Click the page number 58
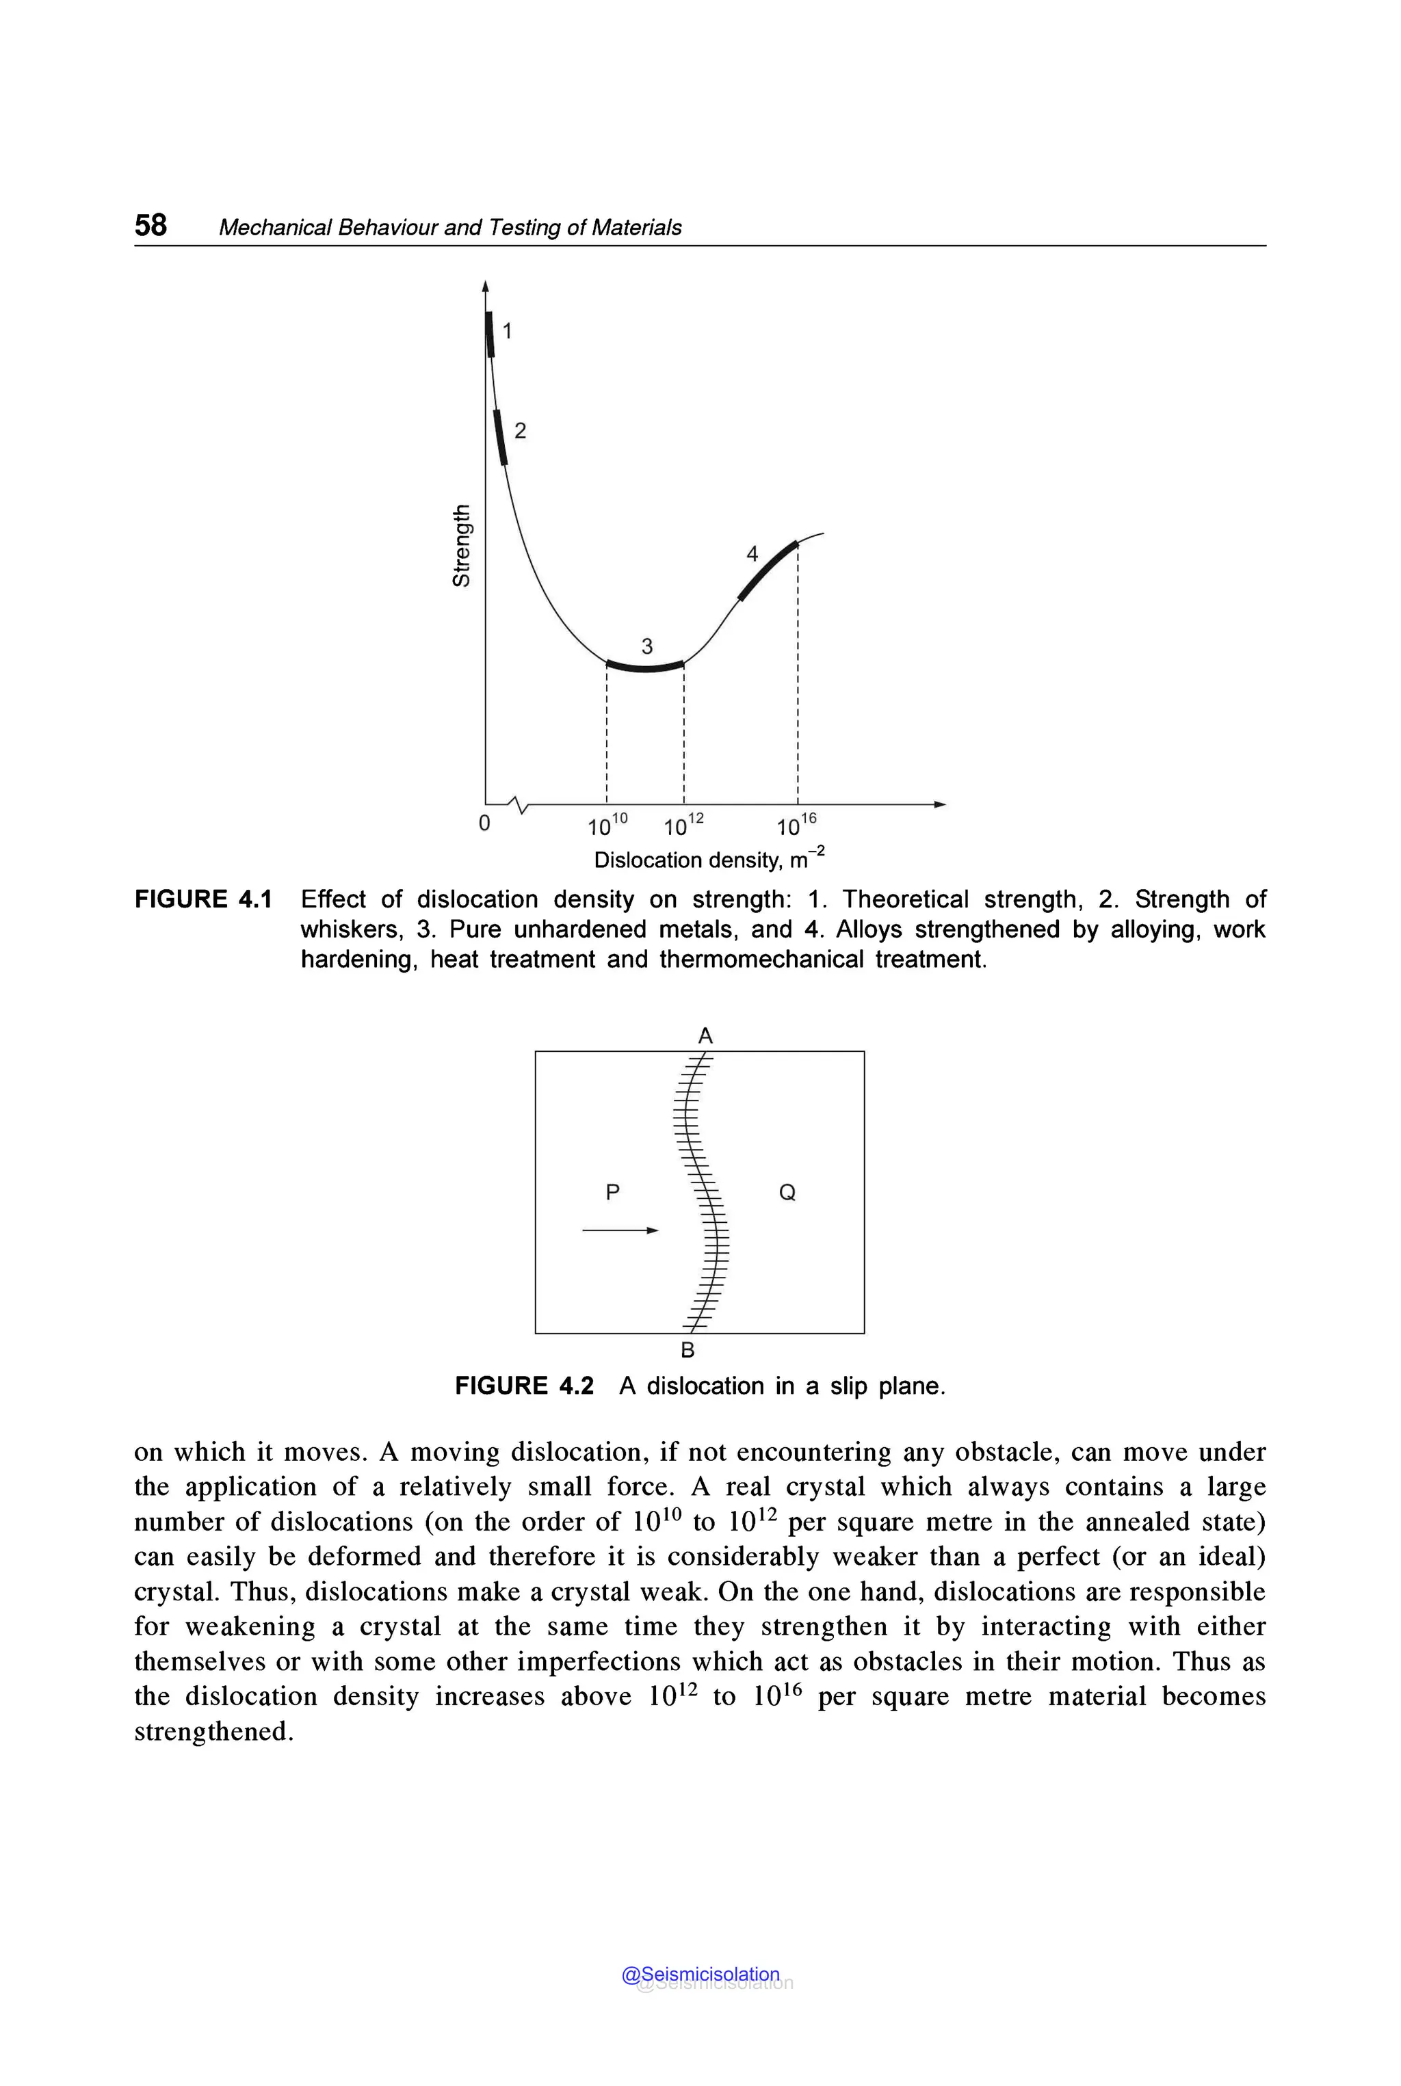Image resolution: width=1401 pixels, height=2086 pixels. tap(150, 224)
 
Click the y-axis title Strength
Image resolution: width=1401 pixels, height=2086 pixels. tap(461, 546)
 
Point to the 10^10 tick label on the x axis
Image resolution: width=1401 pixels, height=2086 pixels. tap(607, 825)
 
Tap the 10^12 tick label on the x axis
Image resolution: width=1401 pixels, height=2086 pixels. tap(683, 825)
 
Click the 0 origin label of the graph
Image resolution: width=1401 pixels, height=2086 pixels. tap(484, 823)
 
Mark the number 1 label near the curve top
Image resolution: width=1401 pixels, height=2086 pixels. tap(508, 332)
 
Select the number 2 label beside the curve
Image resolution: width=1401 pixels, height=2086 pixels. tap(520, 432)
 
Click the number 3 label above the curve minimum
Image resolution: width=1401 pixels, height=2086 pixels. tap(647, 646)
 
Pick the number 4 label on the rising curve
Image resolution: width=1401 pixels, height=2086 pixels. tap(752, 554)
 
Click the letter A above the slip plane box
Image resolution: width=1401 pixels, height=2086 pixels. tap(705, 1036)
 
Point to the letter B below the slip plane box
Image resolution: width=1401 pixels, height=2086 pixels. tap(687, 1350)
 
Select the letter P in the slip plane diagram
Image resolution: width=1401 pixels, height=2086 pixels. tap(612, 1191)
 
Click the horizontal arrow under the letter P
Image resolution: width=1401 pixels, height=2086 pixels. tap(620, 1230)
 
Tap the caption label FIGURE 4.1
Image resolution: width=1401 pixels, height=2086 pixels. tap(202, 899)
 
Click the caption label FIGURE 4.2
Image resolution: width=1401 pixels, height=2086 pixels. tap(525, 1386)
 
